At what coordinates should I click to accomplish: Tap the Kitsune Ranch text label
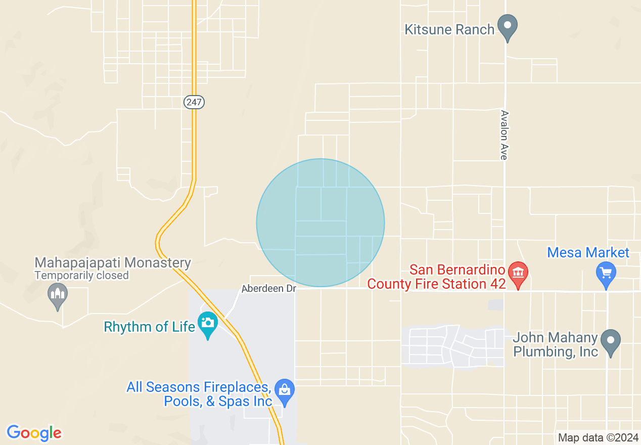449,29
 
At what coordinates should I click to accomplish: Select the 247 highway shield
194,102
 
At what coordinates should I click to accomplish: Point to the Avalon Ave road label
503,135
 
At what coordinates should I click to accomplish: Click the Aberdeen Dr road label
268,288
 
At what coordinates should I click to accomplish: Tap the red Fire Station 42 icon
518,272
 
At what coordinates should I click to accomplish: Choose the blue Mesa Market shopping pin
606,273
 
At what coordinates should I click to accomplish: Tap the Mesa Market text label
588,252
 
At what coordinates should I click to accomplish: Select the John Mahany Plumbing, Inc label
555,344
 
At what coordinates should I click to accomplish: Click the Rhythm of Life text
150,327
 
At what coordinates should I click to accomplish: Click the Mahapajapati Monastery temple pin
57,294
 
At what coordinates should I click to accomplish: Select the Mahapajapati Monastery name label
113,263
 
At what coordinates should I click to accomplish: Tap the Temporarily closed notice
82,276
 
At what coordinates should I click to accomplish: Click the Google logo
34,433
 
